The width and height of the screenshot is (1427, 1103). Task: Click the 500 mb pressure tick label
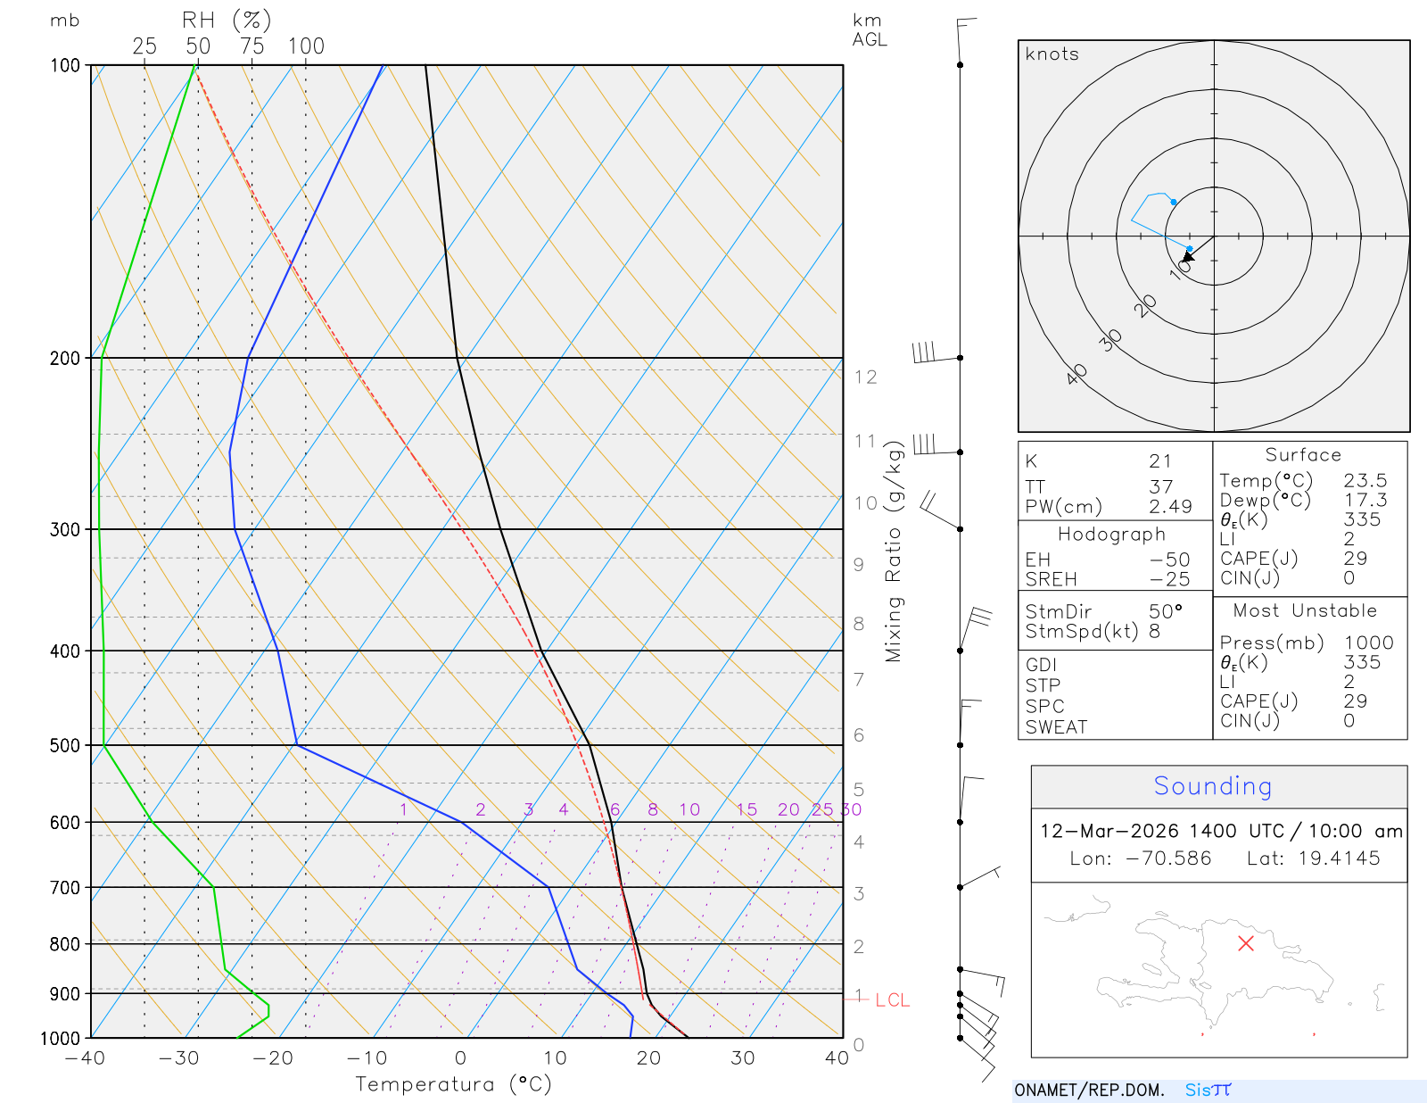(65, 745)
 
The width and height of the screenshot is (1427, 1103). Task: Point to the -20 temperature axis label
(272, 1058)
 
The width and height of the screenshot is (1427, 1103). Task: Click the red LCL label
(892, 1000)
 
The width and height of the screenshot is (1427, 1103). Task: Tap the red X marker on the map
(1246, 943)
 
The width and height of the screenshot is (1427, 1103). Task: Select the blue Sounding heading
(1212, 786)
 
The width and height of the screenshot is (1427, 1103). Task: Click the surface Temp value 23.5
(1365, 481)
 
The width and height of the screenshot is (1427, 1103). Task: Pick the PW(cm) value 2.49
(1169, 507)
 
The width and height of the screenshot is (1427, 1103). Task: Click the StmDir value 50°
(1165, 612)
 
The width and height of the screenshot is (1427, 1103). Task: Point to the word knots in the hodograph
(1052, 54)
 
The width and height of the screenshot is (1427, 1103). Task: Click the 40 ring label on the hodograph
(1077, 374)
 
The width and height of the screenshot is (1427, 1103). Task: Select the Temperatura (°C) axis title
(453, 1084)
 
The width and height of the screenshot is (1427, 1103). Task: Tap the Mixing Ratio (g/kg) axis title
(894, 551)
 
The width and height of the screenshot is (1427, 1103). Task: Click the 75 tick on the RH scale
(252, 46)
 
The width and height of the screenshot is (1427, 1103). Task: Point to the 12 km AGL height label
(865, 377)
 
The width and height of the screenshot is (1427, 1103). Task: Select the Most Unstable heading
(1305, 611)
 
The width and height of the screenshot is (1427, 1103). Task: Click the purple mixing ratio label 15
(746, 809)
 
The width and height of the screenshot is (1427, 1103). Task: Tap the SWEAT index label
(1056, 727)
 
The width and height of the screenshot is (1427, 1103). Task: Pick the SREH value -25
(1169, 579)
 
